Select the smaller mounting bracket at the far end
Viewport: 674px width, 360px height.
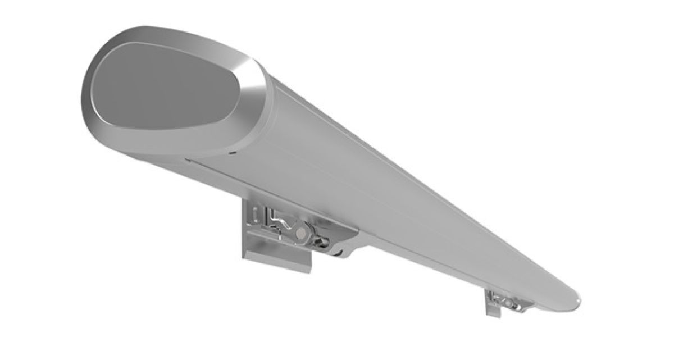pos(505,303)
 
